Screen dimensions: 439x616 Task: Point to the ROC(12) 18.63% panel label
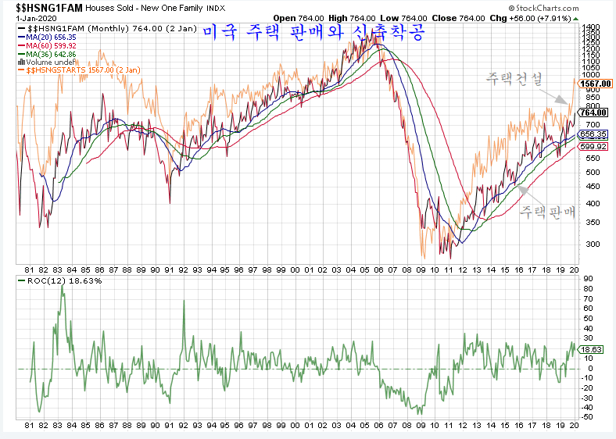coord(48,280)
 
